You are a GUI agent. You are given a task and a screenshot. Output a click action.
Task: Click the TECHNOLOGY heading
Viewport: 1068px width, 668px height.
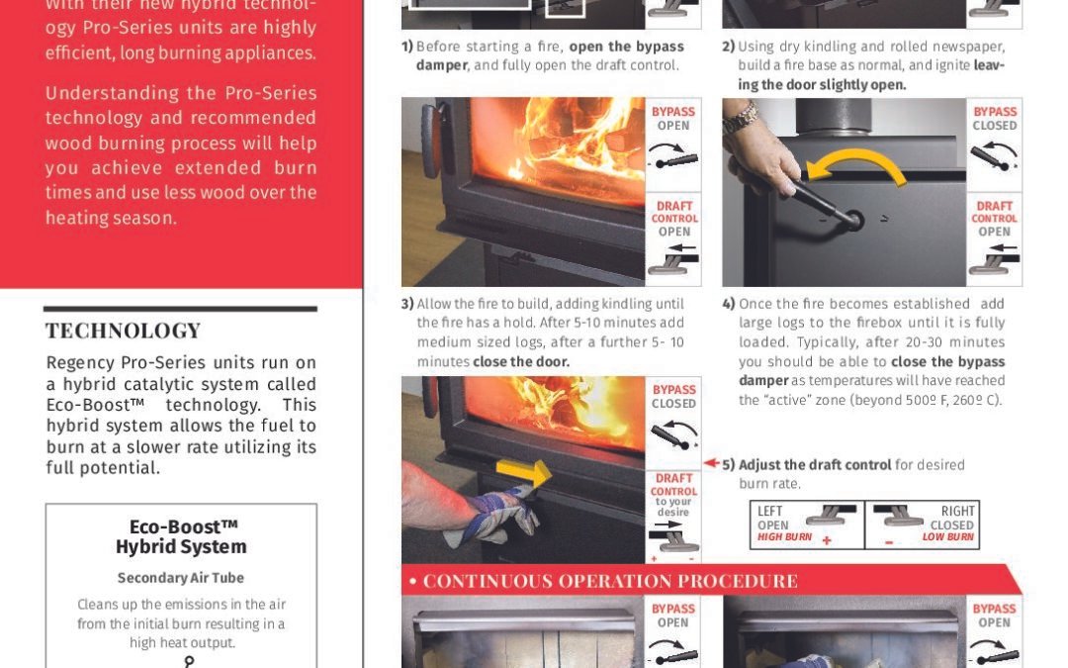[x=124, y=332]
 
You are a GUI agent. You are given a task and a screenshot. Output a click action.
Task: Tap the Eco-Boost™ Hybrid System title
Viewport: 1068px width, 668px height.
[x=181, y=537]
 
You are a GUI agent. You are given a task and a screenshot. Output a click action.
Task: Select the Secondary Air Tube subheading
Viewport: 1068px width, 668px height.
[x=181, y=578]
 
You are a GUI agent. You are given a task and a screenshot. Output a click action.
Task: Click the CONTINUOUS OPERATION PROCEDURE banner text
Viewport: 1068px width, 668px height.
[x=610, y=582]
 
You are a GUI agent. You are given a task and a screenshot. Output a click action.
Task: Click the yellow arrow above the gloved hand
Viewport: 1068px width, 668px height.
[x=524, y=472]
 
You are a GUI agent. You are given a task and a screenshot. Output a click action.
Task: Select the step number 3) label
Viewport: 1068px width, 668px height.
[x=407, y=304]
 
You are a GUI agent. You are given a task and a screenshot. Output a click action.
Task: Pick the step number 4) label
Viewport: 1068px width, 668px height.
[x=729, y=304]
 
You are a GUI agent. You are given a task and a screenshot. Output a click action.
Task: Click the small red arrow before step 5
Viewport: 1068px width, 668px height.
[x=711, y=463]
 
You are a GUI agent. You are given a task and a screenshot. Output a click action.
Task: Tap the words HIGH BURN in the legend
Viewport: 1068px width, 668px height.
[x=784, y=537]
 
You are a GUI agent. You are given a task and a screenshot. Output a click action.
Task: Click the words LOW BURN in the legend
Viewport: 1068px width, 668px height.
[x=948, y=537]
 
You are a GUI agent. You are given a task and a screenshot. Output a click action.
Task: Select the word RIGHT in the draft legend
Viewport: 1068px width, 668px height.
[x=957, y=512]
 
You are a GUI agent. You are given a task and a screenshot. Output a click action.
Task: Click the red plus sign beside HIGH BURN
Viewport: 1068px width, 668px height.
[x=827, y=540]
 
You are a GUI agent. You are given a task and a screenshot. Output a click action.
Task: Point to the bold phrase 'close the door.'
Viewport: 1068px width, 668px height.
[x=521, y=362]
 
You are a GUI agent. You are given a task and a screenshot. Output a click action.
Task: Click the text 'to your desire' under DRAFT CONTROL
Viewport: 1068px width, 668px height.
[x=673, y=507]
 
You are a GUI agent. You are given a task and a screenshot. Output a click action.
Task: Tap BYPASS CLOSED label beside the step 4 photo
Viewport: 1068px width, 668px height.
[x=995, y=119]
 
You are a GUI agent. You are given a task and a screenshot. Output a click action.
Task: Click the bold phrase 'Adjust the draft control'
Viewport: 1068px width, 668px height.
[x=815, y=465]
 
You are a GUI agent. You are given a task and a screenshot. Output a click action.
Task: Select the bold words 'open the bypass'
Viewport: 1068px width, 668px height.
[x=627, y=48]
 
